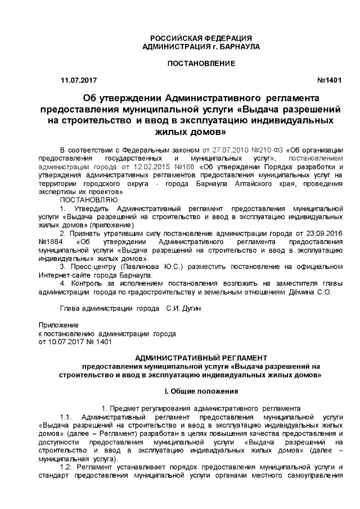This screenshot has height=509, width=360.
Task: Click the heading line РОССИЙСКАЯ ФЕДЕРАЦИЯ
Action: click(x=201, y=38)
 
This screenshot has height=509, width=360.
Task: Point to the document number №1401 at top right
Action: click(x=330, y=81)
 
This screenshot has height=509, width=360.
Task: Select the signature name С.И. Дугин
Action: click(x=183, y=309)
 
